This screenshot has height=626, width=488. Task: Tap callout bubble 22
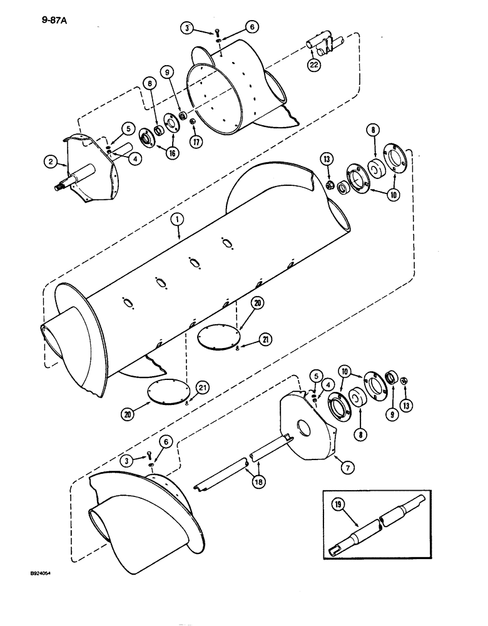pos(313,65)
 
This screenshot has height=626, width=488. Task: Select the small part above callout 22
pos(326,48)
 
